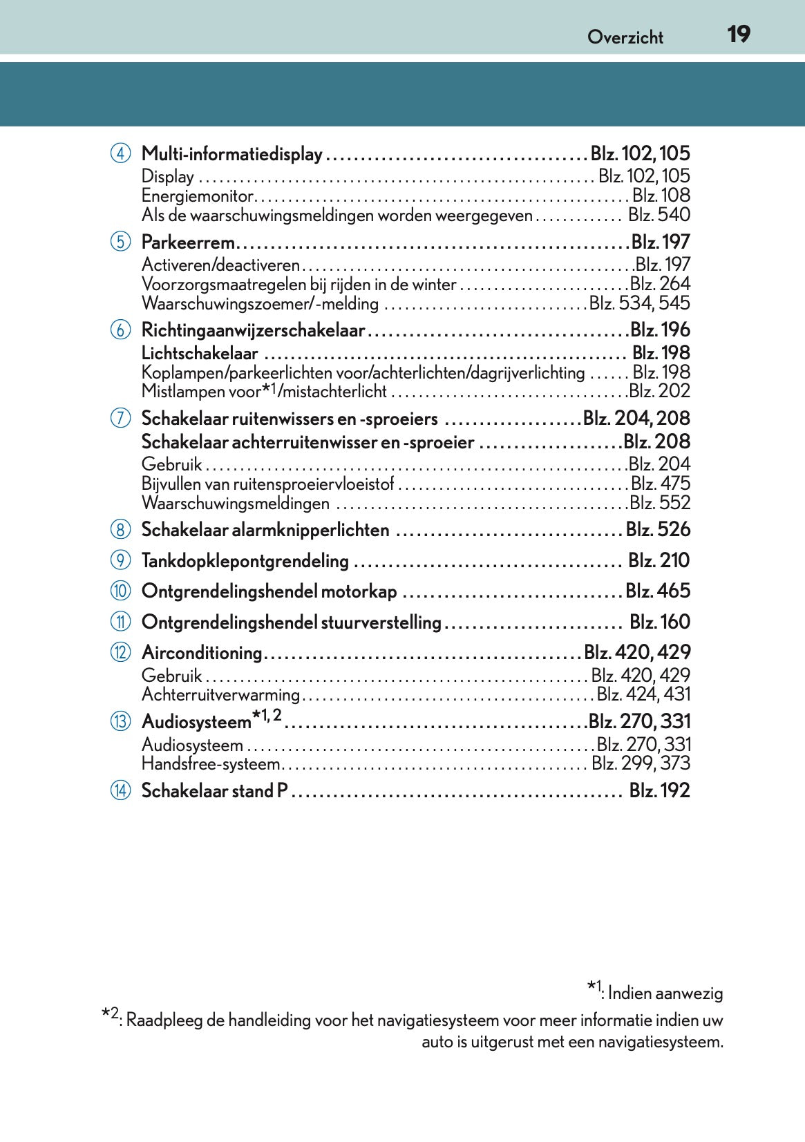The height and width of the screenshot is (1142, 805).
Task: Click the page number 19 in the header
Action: (738, 34)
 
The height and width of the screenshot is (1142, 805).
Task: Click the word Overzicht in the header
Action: (625, 37)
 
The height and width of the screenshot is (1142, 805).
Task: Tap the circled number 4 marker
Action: (120, 153)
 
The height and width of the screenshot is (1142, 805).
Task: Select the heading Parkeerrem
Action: (188, 242)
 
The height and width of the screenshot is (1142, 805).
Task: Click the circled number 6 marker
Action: (120, 330)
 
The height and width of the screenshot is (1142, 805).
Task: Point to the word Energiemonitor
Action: (197, 196)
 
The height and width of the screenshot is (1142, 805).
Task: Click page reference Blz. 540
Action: (659, 215)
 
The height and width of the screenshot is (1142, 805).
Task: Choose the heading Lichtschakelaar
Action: (200, 354)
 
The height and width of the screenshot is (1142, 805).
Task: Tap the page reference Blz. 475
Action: (660, 484)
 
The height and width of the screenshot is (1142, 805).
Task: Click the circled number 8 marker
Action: (120, 530)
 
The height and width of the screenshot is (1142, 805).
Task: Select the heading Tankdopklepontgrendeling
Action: (245, 561)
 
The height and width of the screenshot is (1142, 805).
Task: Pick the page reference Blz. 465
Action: (657, 591)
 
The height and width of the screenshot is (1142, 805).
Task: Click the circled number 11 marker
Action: (120, 622)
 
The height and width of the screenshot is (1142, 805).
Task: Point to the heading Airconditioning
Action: (201, 653)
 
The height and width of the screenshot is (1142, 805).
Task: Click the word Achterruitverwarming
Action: (220, 695)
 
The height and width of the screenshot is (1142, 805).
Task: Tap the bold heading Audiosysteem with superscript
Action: (196, 722)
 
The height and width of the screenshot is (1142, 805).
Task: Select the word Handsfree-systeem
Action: (211, 764)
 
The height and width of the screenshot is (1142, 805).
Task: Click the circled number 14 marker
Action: (120, 790)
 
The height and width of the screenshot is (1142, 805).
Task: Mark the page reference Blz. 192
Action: (659, 790)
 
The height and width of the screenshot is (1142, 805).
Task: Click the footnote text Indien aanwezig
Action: (665, 993)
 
